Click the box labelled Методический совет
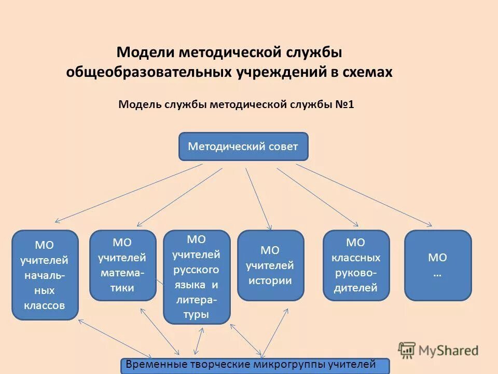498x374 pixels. click(243, 146)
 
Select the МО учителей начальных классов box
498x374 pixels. click(45, 275)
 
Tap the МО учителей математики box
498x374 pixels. click(123, 265)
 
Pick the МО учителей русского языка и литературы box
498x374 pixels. click(197, 277)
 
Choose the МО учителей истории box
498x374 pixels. click(270, 265)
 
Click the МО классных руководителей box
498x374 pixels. click(356, 265)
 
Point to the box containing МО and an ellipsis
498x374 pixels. click(438, 265)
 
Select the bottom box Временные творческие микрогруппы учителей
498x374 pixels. click(255, 365)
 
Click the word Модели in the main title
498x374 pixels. click(146, 52)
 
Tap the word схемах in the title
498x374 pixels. click(367, 72)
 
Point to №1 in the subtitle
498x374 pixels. click(344, 104)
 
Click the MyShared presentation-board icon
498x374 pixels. click(407, 350)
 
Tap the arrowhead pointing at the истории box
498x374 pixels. click(269, 227)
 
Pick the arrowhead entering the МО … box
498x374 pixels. click(430, 224)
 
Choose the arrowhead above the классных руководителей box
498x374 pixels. click(356, 224)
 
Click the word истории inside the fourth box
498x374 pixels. click(270, 281)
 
